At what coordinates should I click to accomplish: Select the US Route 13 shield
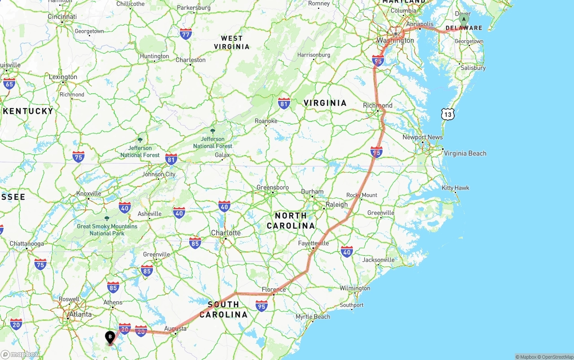[x=448, y=114]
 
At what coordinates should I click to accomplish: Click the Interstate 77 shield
[x=185, y=34]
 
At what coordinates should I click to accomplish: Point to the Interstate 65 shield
[x=9, y=83]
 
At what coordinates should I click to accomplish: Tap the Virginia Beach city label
[x=465, y=153]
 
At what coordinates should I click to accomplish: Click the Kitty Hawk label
[x=455, y=188]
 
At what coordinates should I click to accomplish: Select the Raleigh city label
[x=336, y=204]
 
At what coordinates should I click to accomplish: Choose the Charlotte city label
[x=226, y=233]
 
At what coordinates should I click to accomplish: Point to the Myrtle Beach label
[x=313, y=317]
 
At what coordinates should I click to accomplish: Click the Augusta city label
[x=175, y=329]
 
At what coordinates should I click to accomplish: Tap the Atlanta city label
[x=80, y=314]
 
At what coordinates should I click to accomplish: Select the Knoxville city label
[x=89, y=194]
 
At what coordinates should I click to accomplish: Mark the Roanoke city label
[x=266, y=121]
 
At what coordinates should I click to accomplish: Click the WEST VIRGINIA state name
[x=231, y=42]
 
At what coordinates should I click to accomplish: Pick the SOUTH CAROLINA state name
[x=223, y=309]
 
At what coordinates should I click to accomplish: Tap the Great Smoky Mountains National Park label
[x=107, y=230]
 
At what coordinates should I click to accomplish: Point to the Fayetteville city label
[x=313, y=243]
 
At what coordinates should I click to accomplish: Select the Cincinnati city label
[x=62, y=17]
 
